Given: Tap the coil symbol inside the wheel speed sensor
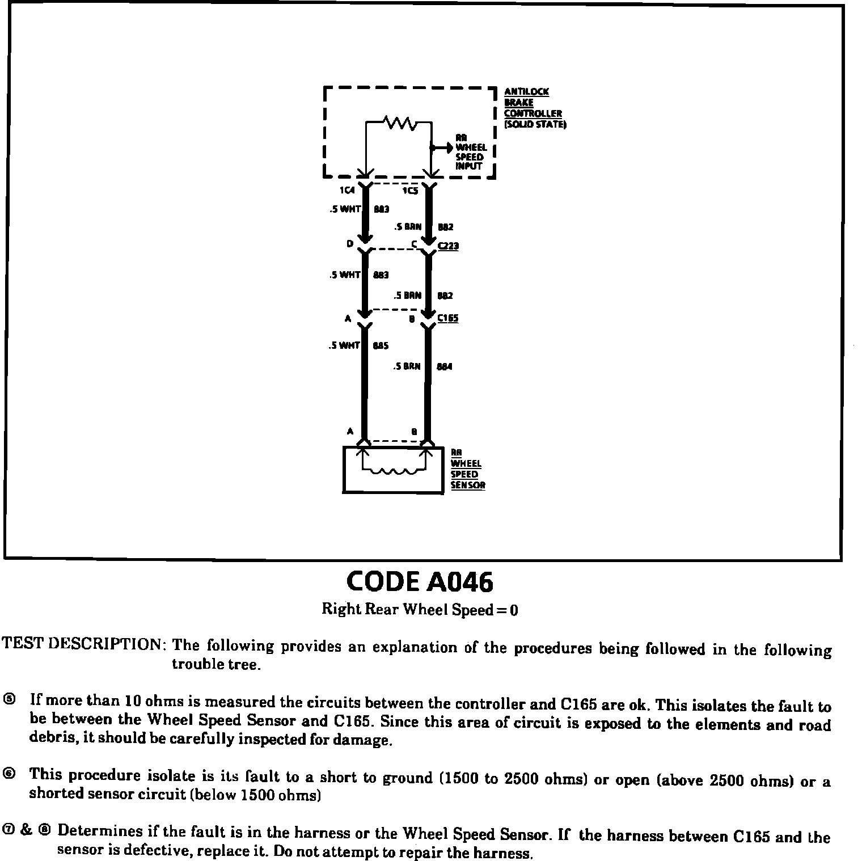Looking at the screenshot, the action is pos(393,471).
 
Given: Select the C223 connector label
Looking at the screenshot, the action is pos(448,246).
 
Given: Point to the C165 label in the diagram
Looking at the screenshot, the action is pos(447,318).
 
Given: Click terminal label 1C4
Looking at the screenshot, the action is pos(347,191).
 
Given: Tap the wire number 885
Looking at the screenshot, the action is pos(381,345).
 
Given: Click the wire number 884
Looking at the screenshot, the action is pos(444,366).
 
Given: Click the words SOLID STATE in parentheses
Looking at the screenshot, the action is pos(535,124).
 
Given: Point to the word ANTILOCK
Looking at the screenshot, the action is pos(526,91).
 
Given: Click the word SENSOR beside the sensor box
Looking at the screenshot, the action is pos(468,485).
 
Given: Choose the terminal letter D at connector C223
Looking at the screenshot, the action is pos(349,243).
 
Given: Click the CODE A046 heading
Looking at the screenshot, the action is pos(420,581).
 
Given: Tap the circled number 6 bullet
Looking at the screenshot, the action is pos(9,774).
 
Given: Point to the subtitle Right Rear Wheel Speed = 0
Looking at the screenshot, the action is pos(420,610).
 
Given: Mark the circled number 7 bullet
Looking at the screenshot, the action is pos(9,830).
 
